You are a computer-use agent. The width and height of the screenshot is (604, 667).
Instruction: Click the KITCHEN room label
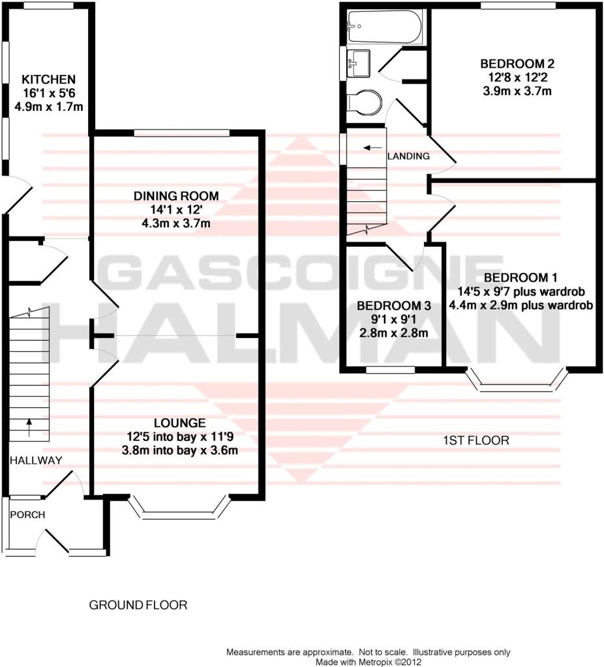tap(48, 79)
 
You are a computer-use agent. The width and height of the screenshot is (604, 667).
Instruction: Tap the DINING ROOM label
tap(176, 195)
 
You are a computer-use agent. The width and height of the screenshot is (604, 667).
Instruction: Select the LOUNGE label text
tap(180, 423)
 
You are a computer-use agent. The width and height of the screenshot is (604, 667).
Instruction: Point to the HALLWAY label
tap(36, 461)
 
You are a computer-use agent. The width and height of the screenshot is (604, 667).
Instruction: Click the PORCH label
tap(27, 515)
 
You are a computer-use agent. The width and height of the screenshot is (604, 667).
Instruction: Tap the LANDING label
tap(408, 156)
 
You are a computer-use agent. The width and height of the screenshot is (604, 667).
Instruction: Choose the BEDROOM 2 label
tap(517, 64)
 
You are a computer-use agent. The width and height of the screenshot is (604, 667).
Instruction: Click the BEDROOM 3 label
tap(393, 305)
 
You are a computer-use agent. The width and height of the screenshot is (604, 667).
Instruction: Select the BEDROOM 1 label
tap(521, 277)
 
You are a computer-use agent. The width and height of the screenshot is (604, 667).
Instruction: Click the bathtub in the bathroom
tap(385, 27)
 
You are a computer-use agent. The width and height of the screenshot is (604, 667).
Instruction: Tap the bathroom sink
tap(358, 64)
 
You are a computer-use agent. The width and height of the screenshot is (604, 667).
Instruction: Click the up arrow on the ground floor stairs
tap(29, 427)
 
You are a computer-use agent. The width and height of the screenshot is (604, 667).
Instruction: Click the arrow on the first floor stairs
tap(372, 148)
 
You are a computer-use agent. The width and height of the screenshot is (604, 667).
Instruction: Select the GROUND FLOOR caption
tap(138, 605)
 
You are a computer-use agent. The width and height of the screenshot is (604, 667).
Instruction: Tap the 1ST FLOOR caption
tap(476, 440)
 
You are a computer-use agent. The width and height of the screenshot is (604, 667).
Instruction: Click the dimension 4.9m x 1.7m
tap(48, 106)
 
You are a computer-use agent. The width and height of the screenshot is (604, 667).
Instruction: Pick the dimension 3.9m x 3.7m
tap(517, 91)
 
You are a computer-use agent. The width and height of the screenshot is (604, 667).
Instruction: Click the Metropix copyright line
tap(368, 662)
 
